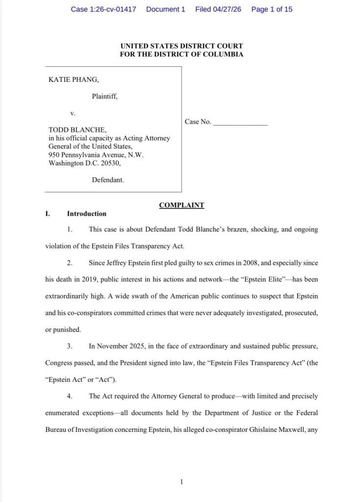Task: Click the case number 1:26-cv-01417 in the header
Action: click(113, 9)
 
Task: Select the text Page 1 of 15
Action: click(271, 9)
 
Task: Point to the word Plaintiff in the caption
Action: click(104, 97)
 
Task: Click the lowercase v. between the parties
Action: click(73, 113)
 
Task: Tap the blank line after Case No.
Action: click(240, 123)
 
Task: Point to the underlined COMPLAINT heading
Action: click(181, 205)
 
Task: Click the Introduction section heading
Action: click(87, 214)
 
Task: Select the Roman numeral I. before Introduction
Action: click(48, 214)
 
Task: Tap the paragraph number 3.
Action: click(70, 346)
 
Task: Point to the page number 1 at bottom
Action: click(181, 468)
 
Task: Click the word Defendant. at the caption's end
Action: click(108, 180)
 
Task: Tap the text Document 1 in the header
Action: click(166, 9)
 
